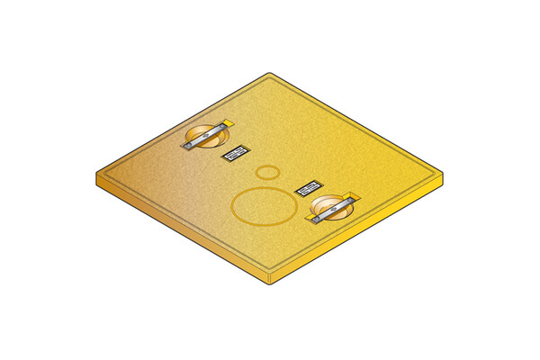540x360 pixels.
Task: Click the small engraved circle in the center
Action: tap(267, 172)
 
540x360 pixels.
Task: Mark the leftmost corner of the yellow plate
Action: tap(97, 174)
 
